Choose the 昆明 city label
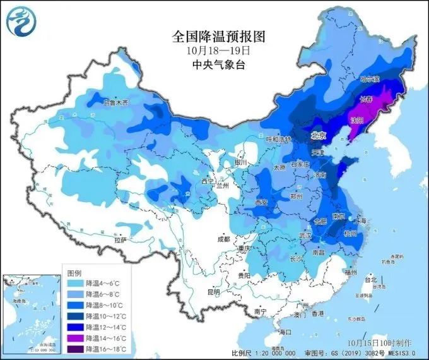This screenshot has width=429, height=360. [213, 292]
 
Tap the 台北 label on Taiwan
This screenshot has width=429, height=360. [371, 280]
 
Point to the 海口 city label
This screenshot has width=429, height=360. [285, 332]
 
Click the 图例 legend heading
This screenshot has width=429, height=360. [74, 272]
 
